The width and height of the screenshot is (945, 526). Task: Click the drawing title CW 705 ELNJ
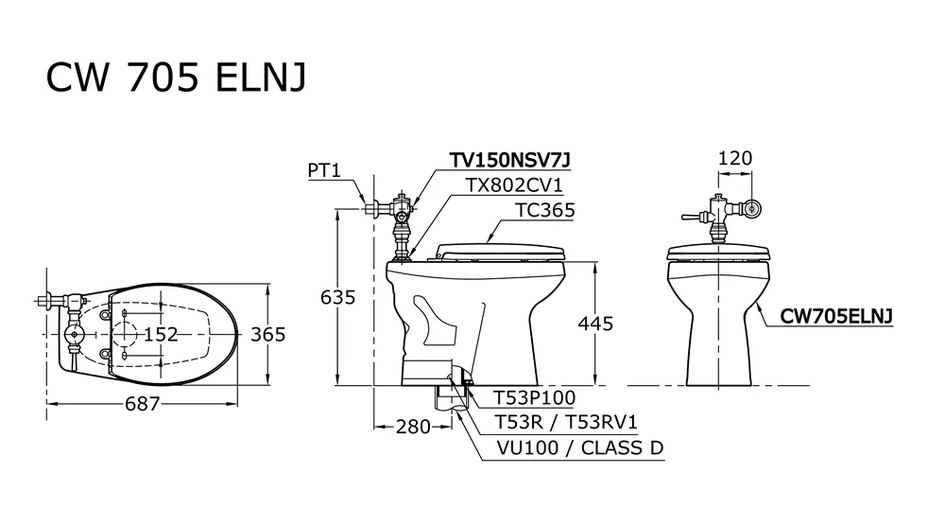[176, 77]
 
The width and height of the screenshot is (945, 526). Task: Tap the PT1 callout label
[324, 170]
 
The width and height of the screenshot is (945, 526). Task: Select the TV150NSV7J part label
[509, 160]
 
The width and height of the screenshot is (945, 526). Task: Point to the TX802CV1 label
[513, 184]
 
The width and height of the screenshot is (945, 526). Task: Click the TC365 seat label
[545, 210]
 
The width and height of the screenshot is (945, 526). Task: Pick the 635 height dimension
[338, 297]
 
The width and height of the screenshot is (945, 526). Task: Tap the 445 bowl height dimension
[595, 324]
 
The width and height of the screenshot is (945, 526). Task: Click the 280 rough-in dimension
[414, 427]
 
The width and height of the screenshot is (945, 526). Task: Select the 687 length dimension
[143, 404]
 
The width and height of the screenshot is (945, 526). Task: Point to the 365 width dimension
[267, 334]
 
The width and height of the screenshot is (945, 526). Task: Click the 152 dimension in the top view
[161, 334]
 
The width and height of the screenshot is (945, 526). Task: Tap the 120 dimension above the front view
[735, 158]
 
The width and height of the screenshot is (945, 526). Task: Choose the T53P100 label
[535, 398]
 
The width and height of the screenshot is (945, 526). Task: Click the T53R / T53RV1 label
[566, 422]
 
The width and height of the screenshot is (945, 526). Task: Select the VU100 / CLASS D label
[580, 448]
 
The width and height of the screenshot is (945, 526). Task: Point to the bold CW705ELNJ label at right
[836, 316]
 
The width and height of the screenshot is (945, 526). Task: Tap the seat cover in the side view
[499, 252]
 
